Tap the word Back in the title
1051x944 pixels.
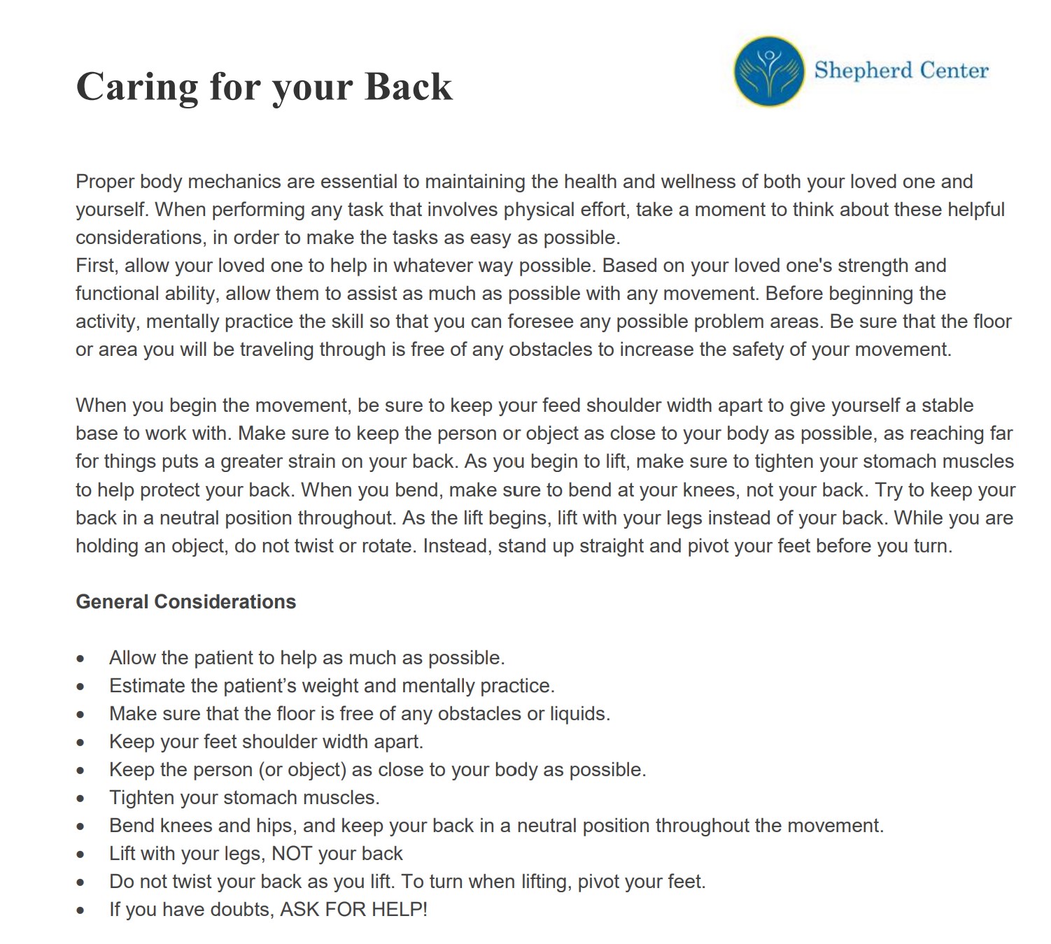409,87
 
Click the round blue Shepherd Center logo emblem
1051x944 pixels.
769,71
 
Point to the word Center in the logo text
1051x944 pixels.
954,70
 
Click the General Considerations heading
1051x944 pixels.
185,602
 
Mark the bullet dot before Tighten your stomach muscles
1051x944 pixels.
81,799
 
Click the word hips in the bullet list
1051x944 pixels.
274,826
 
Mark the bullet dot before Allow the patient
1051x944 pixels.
81,659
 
